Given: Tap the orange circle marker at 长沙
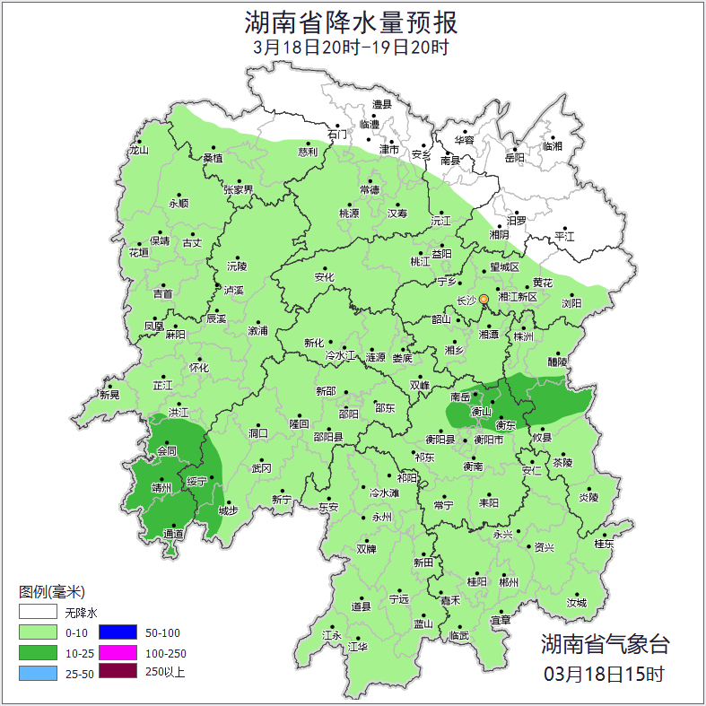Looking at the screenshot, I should [484, 299].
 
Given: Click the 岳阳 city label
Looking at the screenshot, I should [514, 158].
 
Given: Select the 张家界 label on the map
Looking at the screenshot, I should [238, 190].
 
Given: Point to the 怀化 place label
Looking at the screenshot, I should [198, 368].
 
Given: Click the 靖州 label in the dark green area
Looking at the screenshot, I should [161, 488].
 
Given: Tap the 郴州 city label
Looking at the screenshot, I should [509, 581].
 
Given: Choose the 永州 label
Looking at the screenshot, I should [381, 518].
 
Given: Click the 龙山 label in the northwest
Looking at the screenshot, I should [138, 151].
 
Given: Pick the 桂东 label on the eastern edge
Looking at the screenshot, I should [604, 544].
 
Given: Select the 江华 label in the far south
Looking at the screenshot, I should [357, 646].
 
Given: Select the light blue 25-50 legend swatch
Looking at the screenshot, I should [38, 672].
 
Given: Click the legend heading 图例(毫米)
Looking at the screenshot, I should [51, 592].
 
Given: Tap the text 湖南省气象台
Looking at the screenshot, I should [605, 643].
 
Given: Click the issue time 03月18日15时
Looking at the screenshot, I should [604, 673].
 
